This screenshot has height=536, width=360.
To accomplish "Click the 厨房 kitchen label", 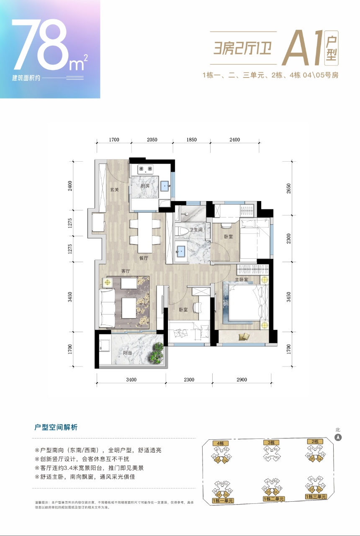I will click(145, 186).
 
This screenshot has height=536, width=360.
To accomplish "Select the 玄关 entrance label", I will click(114, 190).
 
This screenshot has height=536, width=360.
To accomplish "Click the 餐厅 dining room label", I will click(144, 258).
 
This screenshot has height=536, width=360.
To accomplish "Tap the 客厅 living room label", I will click(126, 271).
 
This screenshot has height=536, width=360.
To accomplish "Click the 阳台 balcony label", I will click(127, 353).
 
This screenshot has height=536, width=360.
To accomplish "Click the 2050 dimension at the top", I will click(152, 140).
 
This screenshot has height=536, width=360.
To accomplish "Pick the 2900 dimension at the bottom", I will click(241, 380).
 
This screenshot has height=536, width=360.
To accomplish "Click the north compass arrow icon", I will click(339, 437).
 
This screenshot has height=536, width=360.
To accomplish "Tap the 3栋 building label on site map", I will click(271, 443).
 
